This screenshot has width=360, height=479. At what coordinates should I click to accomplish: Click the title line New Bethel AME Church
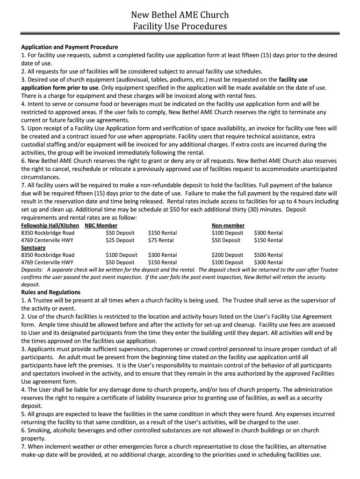click(x=180, y=15)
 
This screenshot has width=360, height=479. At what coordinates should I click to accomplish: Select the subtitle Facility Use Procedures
click(x=180, y=27)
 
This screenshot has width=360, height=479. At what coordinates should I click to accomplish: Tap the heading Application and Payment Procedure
click(x=70, y=47)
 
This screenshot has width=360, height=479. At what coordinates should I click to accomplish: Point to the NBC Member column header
click(x=101, y=225)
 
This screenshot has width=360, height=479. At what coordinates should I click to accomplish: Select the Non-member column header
click(x=228, y=225)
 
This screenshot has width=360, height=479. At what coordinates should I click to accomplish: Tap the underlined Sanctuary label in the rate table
click(x=33, y=247)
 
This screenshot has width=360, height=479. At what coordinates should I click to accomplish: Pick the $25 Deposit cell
click(x=120, y=240)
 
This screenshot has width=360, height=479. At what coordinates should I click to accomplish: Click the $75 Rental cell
click(x=160, y=240)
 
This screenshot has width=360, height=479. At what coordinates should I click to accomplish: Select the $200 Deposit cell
click(x=227, y=255)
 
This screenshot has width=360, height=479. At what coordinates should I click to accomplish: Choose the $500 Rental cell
click(x=268, y=255)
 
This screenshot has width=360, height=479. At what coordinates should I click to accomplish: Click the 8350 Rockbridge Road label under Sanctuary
click(x=48, y=255)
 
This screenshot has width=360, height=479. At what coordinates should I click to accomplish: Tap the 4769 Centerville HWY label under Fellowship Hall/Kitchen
click(x=47, y=240)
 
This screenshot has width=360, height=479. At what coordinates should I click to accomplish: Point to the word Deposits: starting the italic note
click(x=32, y=270)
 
